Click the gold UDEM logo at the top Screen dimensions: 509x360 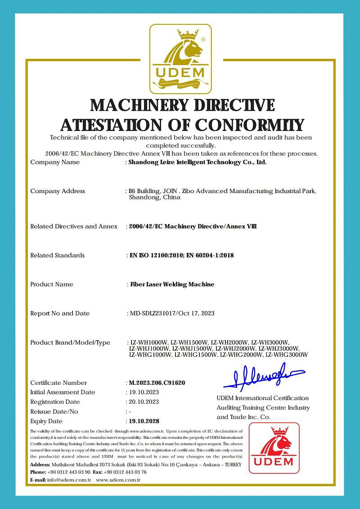click(x=180, y=58)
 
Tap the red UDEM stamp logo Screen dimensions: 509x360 click(x=274, y=448)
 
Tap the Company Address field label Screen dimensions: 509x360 click(x=58, y=191)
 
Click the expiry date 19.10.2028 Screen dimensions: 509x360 click(x=144, y=421)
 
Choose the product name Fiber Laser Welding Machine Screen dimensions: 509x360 click(x=172, y=284)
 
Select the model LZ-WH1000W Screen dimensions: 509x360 click(x=148, y=342)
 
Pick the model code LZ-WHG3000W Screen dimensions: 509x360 click(x=287, y=355)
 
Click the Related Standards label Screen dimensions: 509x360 click(x=57, y=255)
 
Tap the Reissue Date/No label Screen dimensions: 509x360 click(x=54, y=411)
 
